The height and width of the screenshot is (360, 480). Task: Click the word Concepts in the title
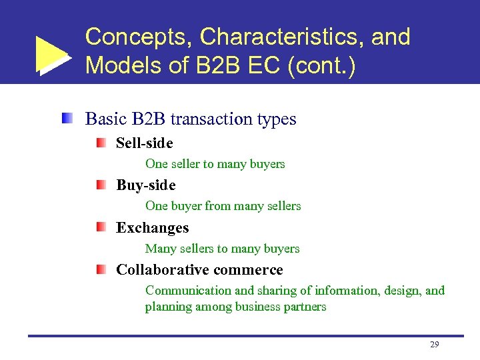point(136,37)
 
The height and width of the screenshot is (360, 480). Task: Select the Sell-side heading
point(144,143)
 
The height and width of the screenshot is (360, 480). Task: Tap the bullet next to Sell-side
point(100,143)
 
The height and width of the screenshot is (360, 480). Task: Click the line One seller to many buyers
point(215,164)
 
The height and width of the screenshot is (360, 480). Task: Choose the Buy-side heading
point(145,185)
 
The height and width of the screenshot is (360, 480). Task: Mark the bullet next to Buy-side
point(100,185)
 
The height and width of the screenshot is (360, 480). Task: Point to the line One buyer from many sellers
point(223,206)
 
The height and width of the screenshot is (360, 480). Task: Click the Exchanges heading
point(152,227)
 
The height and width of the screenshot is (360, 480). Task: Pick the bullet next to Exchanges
point(100,227)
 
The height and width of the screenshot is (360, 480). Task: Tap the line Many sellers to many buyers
point(222,249)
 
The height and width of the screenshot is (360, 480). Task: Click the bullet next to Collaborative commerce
point(100,269)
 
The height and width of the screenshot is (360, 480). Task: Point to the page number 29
point(435,345)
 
